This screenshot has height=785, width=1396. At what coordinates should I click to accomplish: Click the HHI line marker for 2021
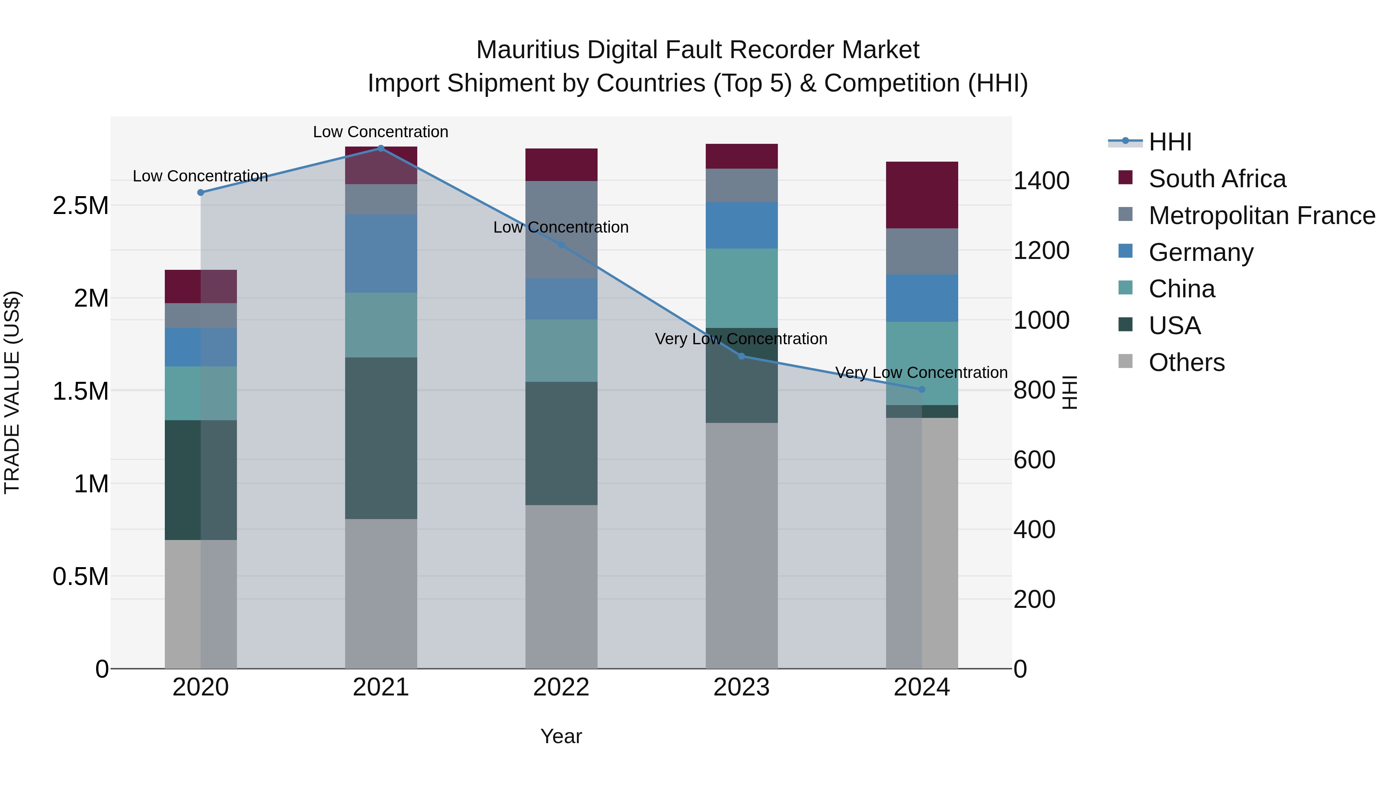(381, 148)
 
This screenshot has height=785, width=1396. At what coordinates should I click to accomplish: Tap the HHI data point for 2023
(742, 356)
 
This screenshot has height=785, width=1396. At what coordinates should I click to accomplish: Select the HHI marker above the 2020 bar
(200, 192)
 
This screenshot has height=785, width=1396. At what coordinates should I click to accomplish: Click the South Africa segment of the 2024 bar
(922, 195)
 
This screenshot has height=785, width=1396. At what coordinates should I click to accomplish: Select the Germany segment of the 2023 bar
(742, 225)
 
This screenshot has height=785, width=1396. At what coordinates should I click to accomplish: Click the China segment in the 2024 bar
(922, 363)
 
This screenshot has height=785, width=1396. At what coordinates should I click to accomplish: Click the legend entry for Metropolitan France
(1261, 216)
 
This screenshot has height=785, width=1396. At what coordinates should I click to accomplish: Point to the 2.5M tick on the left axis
(80, 206)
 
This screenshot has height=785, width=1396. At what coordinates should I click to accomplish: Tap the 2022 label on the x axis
(562, 687)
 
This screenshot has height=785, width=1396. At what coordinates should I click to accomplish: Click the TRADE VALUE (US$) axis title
(12, 392)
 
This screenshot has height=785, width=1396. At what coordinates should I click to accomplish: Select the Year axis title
(562, 736)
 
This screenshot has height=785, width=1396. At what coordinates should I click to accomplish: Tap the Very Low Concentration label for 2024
(921, 373)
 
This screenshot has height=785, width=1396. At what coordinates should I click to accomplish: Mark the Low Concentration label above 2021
(380, 132)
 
